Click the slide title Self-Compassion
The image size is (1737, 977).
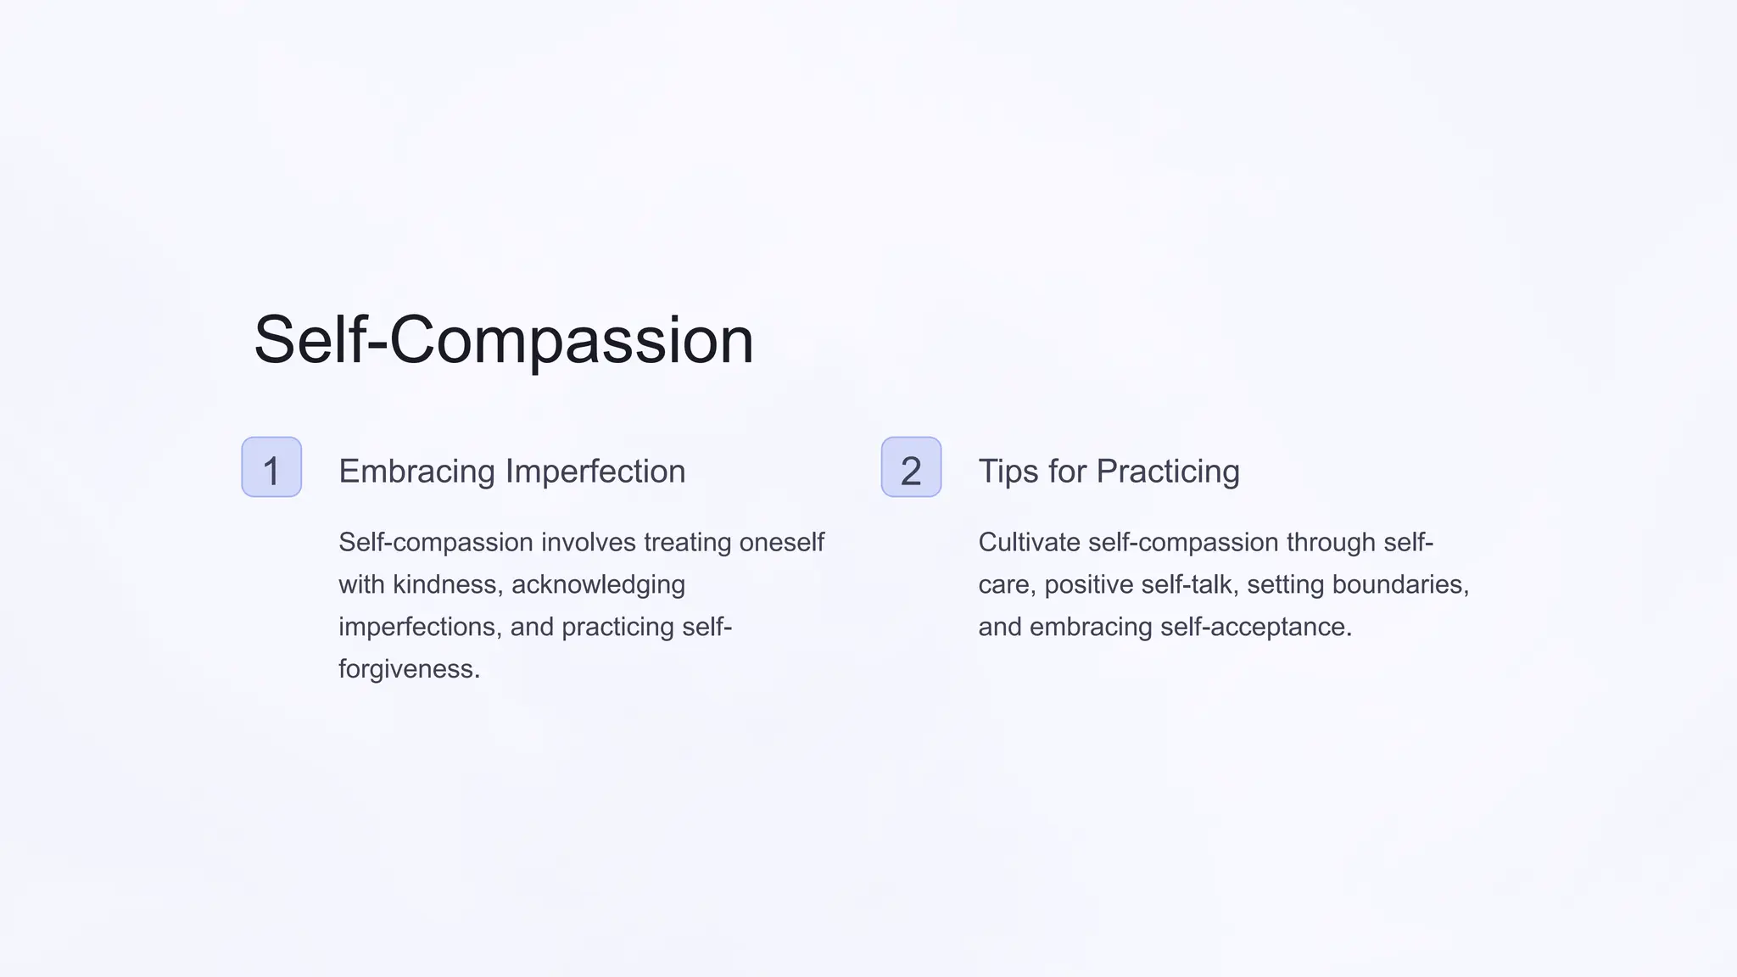(504, 341)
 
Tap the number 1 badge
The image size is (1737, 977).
(271, 467)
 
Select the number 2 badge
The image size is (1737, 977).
(911, 467)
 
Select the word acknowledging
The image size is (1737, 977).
(598, 585)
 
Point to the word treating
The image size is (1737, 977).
(687, 543)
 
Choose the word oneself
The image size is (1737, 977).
(781, 543)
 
